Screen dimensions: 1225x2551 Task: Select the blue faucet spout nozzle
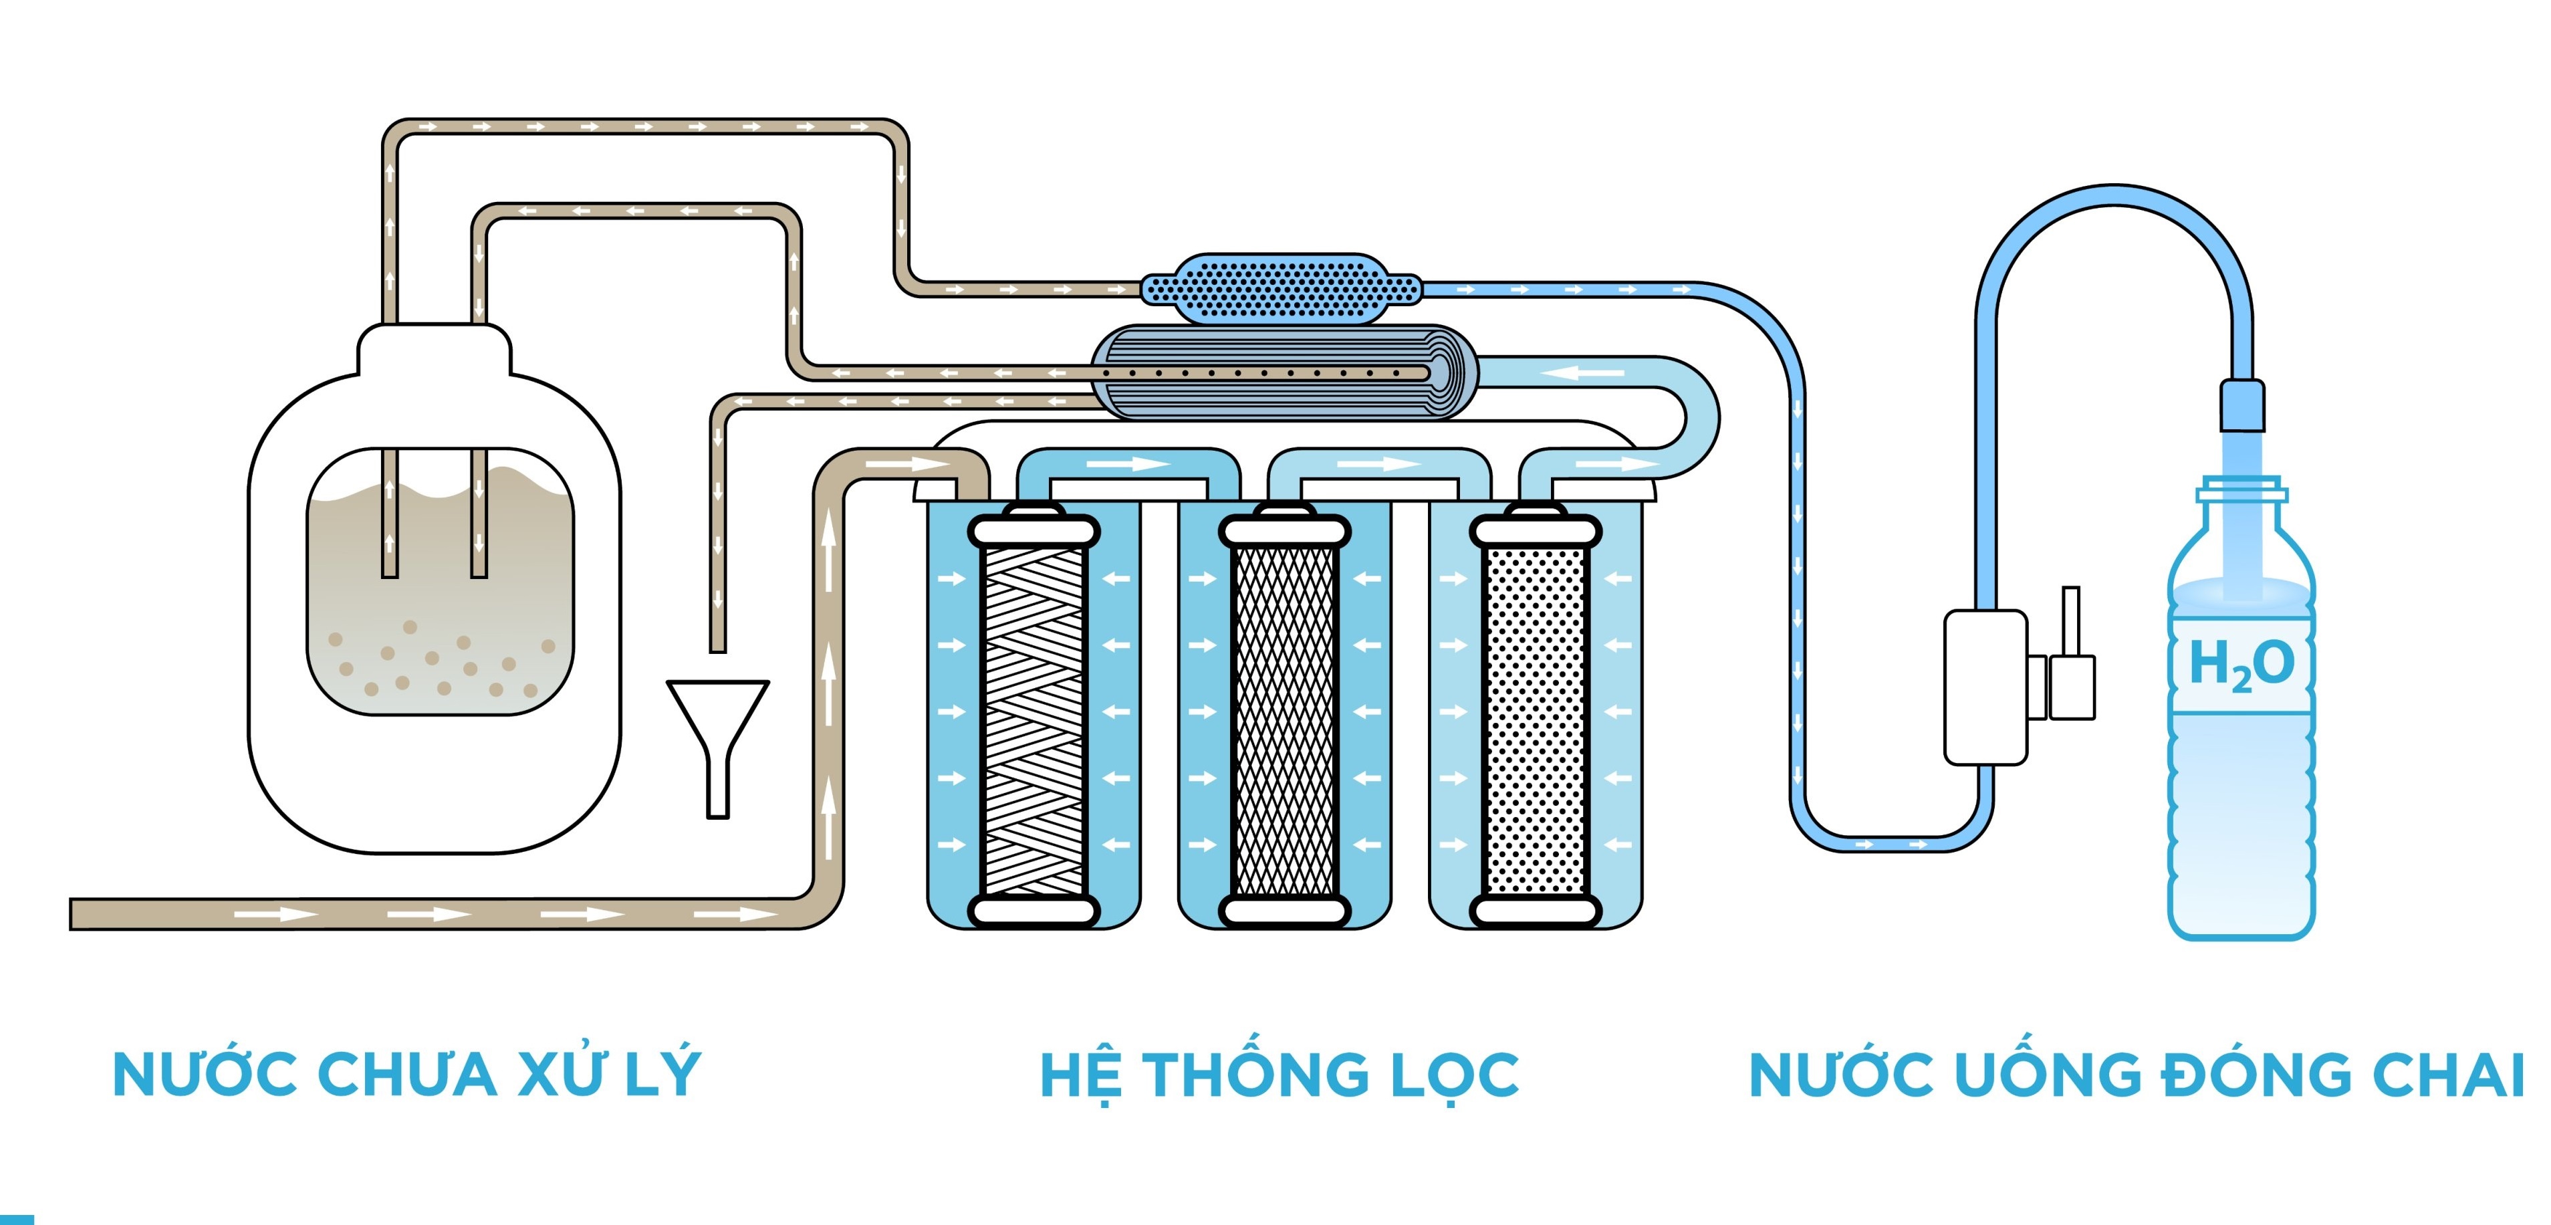[2242, 405]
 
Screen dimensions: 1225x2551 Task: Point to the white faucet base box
[1985, 687]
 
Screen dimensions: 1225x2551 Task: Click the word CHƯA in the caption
[406, 1075]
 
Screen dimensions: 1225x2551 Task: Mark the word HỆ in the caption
[1082, 1075]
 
